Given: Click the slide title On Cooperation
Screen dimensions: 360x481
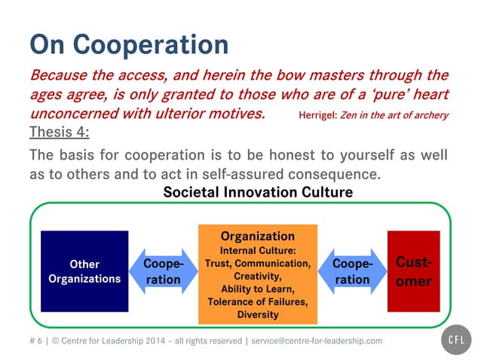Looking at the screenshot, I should click(x=128, y=44).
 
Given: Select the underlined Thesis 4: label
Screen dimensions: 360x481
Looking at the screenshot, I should click(x=59, y=133).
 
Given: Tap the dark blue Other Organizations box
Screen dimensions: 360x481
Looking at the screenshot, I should click(x=84, y=271).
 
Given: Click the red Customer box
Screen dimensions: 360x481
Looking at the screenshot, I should click(x=413, y=271).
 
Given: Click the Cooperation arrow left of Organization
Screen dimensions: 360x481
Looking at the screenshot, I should click(x=163, y=272).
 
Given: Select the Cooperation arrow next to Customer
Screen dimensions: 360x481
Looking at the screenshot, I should click(x=352, y=272).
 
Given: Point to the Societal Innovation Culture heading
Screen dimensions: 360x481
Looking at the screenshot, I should click(x=257, y=193).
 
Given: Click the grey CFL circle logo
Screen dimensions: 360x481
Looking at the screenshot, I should click(x=455, y=340).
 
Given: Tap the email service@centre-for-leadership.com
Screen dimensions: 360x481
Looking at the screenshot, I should click(x=317, y=341).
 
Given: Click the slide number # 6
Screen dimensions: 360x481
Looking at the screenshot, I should click(x=35, y=341).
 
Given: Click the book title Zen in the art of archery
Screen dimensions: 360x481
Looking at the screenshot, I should click(x=394, y=115).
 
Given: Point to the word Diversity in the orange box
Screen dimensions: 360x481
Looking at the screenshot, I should click(x=257, y=314).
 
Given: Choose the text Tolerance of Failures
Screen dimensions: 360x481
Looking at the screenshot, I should click(x=257, y=302).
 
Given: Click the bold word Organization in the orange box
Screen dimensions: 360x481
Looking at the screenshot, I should click(x=257, y=236).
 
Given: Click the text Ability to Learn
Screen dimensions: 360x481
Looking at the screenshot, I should click(x=257, y=289).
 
